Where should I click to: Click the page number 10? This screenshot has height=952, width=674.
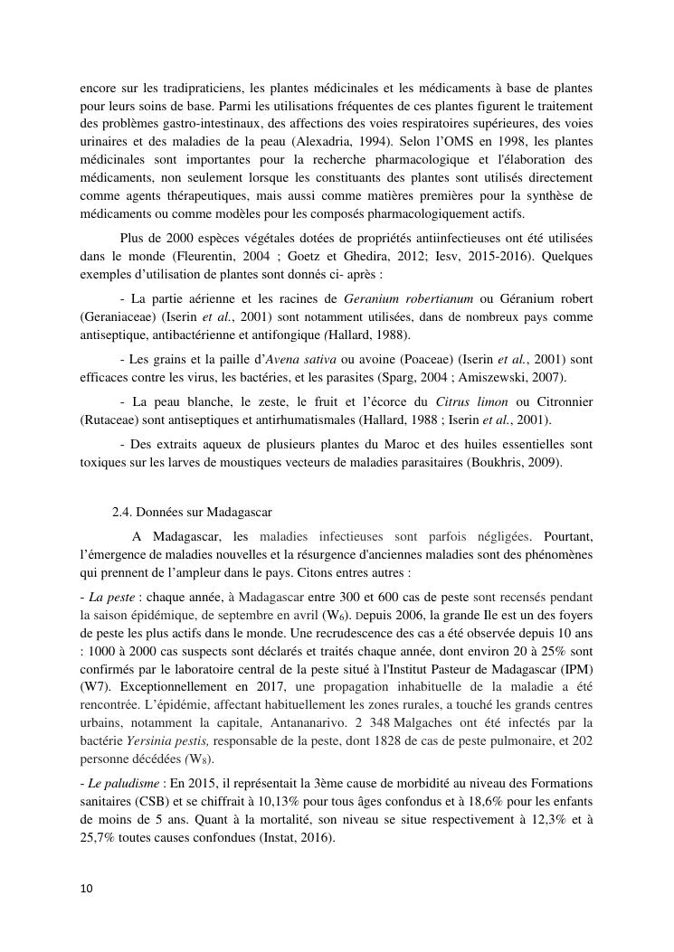tap(86, 889)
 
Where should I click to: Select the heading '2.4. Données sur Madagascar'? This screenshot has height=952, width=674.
tap(183, 511)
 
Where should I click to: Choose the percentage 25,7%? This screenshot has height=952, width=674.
tap(99, 838)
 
